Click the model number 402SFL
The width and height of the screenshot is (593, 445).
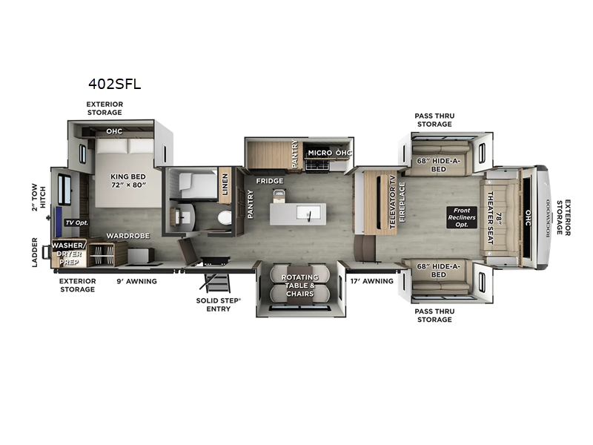(114, 85)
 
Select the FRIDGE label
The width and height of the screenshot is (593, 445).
(270, 180)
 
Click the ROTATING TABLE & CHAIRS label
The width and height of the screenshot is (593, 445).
(299, 285)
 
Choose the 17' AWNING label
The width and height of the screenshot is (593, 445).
(367, 280)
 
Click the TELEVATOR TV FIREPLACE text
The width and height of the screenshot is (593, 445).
(397, 200)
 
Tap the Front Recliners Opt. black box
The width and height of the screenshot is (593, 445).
(459, 216)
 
